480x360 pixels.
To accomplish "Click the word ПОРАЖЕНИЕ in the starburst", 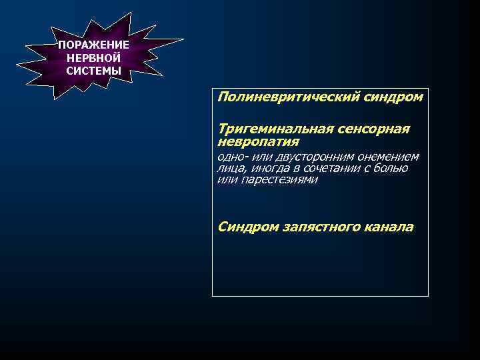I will [93, 45].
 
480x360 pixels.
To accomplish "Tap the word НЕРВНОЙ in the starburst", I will [93, 58].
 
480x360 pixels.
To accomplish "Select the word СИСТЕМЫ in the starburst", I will [93, 71].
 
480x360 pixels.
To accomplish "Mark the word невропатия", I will [258, 141].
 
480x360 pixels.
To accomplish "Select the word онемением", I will [388, 157].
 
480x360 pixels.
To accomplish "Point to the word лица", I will [229, 169].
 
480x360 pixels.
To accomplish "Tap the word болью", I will [391, 169].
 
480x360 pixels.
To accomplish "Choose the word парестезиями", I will [279, 180].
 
